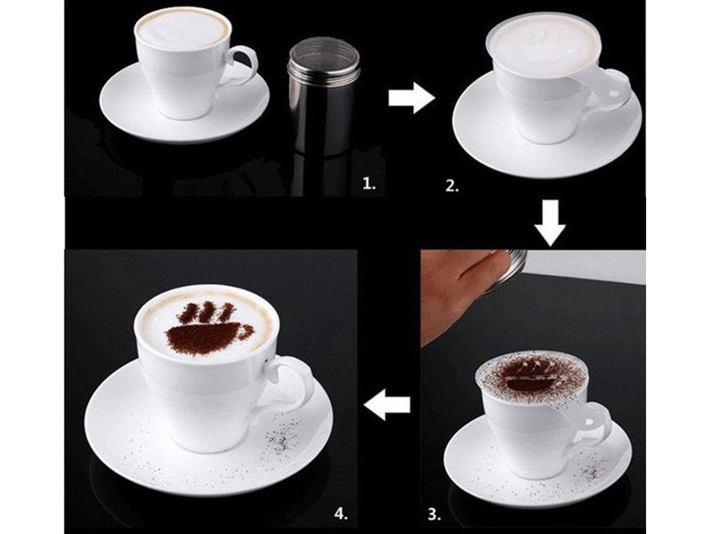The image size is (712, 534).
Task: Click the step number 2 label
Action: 452,185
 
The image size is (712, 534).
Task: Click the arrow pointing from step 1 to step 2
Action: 411,98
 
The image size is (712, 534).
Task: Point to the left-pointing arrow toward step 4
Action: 389,404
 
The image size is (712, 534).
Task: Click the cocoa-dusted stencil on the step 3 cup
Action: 530,376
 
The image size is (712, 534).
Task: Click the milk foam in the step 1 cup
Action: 183,28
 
